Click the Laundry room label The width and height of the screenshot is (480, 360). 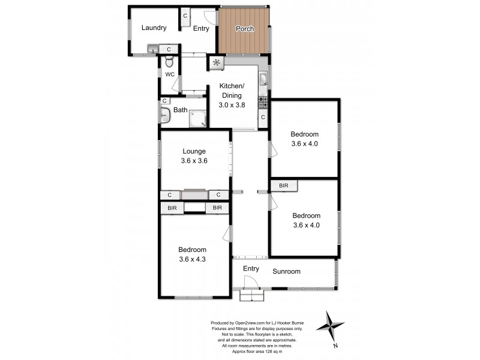(154, 28)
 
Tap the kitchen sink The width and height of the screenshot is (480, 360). (263, 79)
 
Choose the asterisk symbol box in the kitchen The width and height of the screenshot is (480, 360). (216, 62)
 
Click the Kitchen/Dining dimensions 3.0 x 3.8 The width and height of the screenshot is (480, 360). (230, 104)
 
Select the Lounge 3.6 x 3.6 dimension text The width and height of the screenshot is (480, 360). (195, 160)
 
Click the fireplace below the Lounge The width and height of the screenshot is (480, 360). (194, 194)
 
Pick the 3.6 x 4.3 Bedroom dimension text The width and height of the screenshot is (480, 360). (192, 259)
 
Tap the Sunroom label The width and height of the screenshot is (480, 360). (287, 272)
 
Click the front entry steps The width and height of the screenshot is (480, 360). (252, 295)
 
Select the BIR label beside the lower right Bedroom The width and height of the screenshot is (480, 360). (284, 186)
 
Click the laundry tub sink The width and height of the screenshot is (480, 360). (153, 49)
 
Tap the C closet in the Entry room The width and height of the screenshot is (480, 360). (185, 16)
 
